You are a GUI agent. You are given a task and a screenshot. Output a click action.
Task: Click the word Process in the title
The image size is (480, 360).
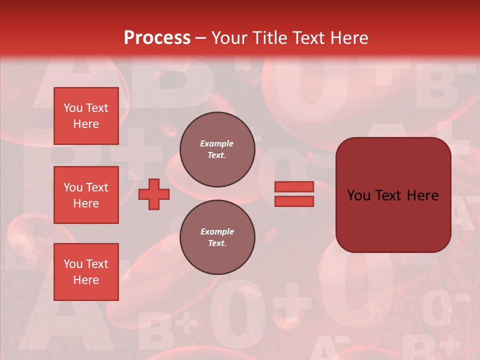(157, 38)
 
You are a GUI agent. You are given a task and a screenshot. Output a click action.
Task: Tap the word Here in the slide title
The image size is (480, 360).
(348, 38)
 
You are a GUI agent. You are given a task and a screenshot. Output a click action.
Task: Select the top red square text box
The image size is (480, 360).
(86, 116)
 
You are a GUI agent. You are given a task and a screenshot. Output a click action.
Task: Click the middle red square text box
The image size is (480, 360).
(86, 195)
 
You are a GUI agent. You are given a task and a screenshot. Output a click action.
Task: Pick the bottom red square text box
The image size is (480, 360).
(86, 272)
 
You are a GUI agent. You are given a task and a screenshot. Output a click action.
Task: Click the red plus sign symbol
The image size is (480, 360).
(154, 194)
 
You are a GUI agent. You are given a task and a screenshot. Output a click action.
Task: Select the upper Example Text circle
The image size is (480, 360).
(217, 149)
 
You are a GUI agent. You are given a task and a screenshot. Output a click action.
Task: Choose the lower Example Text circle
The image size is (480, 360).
(217, 237)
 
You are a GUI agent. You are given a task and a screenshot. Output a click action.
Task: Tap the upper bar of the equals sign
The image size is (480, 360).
(294, 187)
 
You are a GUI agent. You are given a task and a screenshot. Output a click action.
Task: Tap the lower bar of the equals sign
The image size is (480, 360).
(294, 201)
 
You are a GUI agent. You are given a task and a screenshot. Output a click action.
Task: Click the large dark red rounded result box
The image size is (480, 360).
(393, 195)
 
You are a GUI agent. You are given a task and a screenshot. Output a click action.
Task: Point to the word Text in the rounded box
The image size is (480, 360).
(392, 195)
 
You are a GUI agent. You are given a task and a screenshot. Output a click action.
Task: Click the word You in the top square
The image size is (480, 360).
(73, 108)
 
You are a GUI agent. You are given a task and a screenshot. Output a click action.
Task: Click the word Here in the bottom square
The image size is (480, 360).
(86, 280)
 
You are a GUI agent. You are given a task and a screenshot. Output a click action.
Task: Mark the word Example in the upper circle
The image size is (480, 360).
(217, 143)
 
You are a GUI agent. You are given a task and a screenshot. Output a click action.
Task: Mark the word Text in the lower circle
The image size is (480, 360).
(216, 243)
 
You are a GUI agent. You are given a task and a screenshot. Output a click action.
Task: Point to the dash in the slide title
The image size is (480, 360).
(201, 38)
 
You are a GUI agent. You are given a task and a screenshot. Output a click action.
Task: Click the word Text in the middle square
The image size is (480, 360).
(97, 187)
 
